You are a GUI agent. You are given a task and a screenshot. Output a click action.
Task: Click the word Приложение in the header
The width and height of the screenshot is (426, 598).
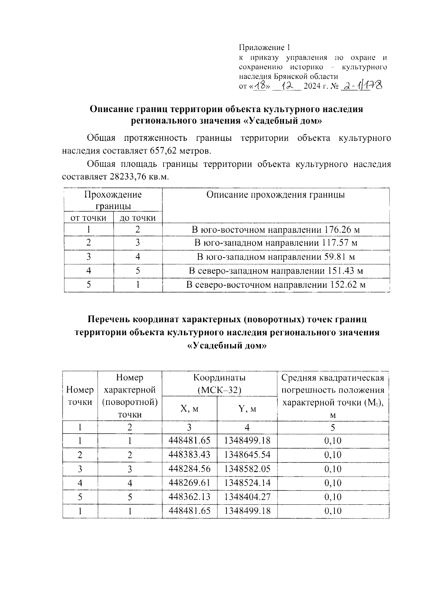click(x=262, y=48)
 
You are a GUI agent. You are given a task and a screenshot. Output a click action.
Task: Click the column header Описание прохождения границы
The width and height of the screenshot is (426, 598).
click(x=275, y=195)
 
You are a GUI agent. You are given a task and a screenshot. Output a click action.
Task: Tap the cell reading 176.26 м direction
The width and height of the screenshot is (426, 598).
click(x=275, y=229)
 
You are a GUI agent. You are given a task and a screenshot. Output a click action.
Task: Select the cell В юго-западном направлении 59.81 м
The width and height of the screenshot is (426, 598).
click(x=275, y=257)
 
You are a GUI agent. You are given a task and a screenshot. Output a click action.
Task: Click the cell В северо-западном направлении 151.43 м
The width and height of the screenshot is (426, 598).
click(x=275, y=271)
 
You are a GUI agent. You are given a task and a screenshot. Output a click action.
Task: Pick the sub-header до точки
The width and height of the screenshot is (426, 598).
click(x=138, y=218)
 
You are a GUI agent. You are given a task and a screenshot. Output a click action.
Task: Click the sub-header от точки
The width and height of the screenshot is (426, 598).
click(x=89, y=218)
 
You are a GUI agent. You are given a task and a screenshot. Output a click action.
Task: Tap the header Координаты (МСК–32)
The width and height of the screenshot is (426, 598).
click(x=219, y=384)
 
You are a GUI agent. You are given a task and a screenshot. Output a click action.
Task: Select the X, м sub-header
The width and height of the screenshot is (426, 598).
click(x=190, y=409)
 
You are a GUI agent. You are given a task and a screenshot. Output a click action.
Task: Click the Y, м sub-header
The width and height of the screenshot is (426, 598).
click(x=247, y=409)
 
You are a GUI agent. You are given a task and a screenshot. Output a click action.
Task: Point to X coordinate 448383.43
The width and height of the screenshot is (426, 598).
click(x=190, y=455)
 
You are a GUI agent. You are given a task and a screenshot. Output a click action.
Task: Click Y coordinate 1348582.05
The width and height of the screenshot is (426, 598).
click(x=247, y=469)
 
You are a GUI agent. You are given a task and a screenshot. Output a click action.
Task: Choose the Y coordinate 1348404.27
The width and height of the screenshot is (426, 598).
click(x=247, y=497)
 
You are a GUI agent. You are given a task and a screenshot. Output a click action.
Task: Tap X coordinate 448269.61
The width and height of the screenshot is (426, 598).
click(x=190, y=483)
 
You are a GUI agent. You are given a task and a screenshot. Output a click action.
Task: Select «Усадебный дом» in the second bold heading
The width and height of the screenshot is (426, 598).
click(x=226, y=345)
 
